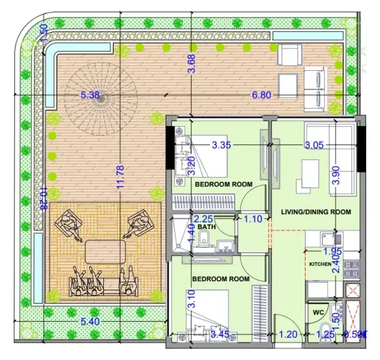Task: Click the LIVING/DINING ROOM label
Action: pyautogui.click(x=316, y=212)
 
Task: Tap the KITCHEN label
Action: pyautogui.click(x=320, y=264)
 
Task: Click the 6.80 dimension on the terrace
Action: pyautogui.click(x=262, y=95)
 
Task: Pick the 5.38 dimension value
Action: pyautogui.click(x=89, y=95)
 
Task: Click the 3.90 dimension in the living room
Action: pyautogui.click(x=336, y=174)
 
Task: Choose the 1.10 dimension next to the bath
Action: pyautogui.click(x=253, y=220)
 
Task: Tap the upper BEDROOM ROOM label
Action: pyautogui.click(x=223, y=184)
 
